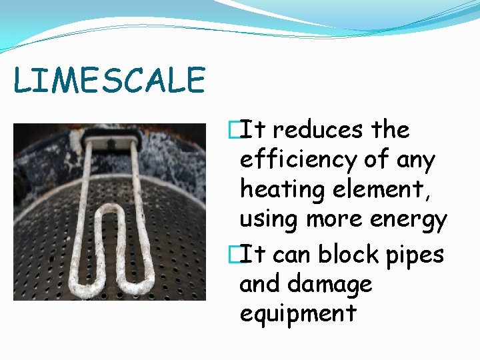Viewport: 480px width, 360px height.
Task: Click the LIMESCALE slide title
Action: (x=109, y=81)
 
